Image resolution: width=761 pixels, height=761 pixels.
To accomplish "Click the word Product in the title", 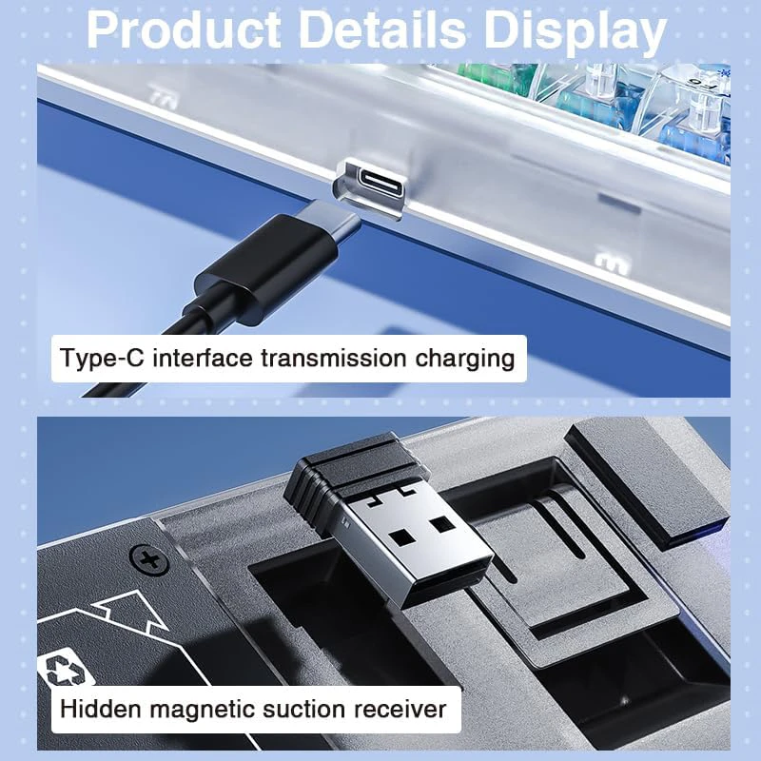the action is pyautogui.click(x=184, y=30).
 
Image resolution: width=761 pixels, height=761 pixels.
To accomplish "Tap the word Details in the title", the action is pyautogui.click(x=382, y=30).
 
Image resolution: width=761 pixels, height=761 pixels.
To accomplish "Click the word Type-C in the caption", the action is pyautogui.click(x=103, y=359).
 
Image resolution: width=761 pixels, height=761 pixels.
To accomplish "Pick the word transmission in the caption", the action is pyautogui.click(x=334, y=359).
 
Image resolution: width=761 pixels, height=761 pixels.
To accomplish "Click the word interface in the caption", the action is pyautogui.click(x=203, y=359).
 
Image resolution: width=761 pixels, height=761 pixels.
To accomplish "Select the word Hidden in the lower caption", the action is pyautogui.click(x=101, y=709).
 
